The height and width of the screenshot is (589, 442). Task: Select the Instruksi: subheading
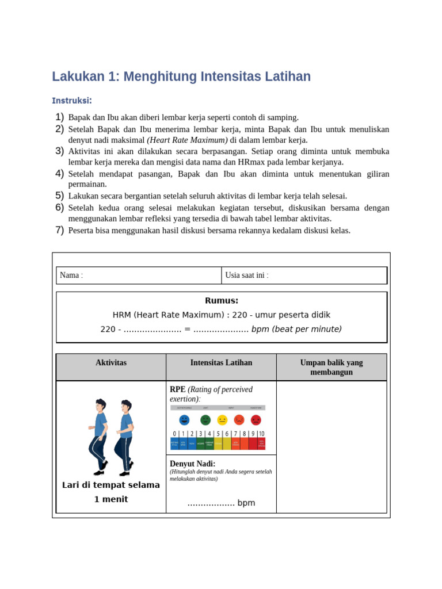click(x=72, y=101)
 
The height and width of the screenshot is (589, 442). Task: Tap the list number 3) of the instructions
click(x=59, y=151)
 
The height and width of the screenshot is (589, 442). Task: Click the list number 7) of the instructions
click(x=59, y=230)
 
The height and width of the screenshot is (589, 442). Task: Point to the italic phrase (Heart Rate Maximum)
click(x=187, y=140)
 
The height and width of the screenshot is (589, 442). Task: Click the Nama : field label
click(x=71, y=276)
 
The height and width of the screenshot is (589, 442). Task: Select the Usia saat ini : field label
click(x=247, y=276)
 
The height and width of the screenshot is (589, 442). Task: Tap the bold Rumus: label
click(x=222, y=301)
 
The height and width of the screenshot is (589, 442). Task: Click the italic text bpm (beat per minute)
click(x=296, y=329)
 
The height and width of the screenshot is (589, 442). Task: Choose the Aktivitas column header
click(x=111, y=363)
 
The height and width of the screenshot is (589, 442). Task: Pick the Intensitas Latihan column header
click(x=221, y=363)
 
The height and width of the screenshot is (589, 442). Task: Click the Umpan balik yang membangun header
click(x=331, y=367)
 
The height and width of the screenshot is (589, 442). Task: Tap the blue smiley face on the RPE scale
click(x=184, y=420)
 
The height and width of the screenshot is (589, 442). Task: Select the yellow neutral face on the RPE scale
click(x=222, y=420)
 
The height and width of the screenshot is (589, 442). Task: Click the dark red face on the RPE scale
click(x=256, y=420)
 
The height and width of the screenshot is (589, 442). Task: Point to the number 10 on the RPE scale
click(x=261, y=434)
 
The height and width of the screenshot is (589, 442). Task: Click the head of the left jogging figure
click(x=101, y=404)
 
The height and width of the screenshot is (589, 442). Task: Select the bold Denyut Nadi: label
click(x=193, y=464)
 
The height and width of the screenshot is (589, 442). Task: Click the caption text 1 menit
click(x=111, y=499)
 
